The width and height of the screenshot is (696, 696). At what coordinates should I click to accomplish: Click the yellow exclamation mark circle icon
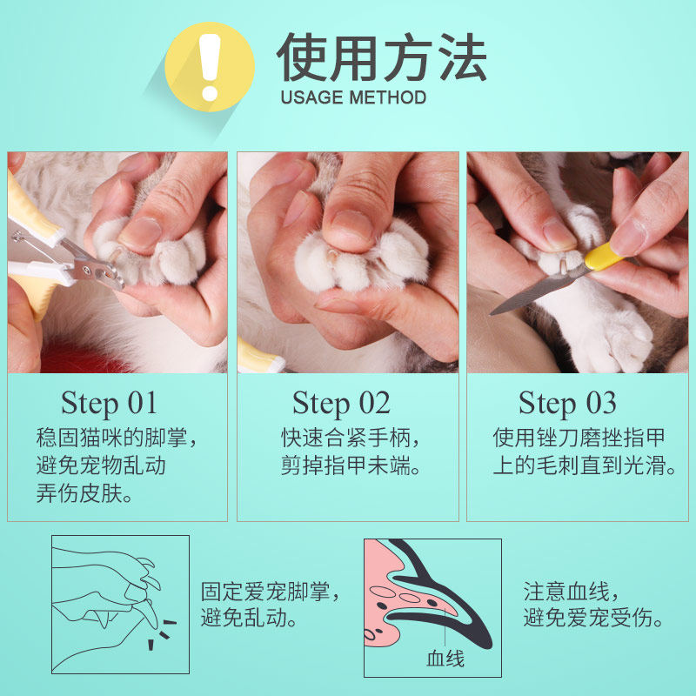[210, 67]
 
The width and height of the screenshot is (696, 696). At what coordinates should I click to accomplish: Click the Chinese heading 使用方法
[382, 57]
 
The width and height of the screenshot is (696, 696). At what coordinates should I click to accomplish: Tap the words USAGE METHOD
[353, 97]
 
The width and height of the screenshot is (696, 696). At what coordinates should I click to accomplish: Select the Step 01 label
[109, 404]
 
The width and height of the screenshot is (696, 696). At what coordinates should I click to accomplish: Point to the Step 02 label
[341, 404]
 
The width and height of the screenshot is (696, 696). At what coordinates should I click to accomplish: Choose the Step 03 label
[567, 404]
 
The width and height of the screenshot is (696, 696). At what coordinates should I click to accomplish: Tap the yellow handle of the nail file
[605, 257]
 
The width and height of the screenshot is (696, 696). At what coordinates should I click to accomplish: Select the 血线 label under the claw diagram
[445, 659]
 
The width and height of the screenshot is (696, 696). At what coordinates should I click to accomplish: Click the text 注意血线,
[571, 592]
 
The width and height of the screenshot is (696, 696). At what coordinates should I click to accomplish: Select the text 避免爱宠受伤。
[593, 618]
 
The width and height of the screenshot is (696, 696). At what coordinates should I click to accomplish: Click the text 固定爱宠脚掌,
[271, 592]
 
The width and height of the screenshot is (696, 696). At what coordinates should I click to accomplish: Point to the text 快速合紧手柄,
[351, 438]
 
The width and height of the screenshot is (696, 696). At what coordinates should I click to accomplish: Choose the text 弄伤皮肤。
[84, 493]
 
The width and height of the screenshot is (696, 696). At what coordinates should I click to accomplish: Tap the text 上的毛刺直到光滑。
[585, 465]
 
